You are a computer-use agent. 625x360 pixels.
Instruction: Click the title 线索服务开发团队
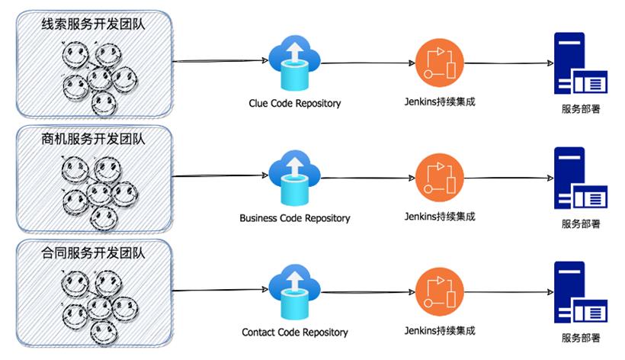94,24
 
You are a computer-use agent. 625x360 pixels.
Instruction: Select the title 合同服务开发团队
94,253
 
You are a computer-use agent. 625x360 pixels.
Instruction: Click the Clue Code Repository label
294,103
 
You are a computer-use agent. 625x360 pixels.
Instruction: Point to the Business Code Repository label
294,218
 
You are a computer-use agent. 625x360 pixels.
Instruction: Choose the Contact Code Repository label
294,333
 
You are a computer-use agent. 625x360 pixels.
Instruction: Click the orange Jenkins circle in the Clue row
440,63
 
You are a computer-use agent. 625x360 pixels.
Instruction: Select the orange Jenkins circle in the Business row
440,178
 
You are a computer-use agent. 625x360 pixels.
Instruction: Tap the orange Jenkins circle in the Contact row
440,292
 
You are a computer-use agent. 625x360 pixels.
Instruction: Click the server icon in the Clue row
580,63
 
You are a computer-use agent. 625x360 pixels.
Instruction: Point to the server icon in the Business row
580,178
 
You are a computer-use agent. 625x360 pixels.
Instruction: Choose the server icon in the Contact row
580,293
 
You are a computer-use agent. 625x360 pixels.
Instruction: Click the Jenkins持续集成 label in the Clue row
440,101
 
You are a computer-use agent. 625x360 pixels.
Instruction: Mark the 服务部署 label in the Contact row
580,338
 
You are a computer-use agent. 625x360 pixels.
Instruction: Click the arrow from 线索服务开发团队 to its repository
221,61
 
